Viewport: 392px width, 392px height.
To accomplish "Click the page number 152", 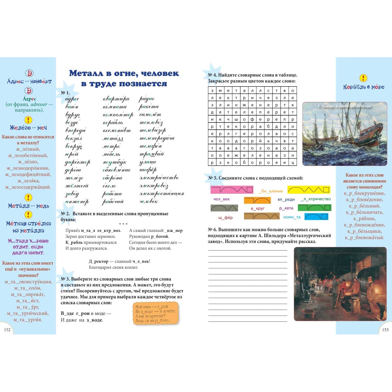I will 7,330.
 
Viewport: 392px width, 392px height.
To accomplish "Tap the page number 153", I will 385,330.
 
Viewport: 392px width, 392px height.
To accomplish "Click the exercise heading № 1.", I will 65,93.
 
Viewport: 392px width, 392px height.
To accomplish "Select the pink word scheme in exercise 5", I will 232,189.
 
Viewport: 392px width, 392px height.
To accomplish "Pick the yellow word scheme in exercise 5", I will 309,189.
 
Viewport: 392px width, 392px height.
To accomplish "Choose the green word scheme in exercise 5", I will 314,207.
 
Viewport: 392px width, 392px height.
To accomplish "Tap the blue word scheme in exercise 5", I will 316,217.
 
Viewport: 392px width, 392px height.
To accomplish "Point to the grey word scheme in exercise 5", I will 224,208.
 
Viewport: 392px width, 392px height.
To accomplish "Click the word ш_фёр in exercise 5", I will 225,218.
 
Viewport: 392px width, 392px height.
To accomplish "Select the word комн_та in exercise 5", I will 292,217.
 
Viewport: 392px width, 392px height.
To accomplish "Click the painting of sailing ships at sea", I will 345,134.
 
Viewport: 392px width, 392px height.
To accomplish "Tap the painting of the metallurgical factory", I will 340,284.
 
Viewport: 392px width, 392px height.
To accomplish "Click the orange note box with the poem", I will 156,313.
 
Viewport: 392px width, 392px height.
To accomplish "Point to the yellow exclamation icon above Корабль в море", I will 363,78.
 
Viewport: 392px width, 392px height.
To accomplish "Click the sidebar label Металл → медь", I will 28,206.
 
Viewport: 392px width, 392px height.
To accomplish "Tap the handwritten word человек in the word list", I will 149,202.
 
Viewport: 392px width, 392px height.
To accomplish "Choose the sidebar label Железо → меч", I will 28,128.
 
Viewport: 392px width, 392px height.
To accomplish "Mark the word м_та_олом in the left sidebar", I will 28,288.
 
